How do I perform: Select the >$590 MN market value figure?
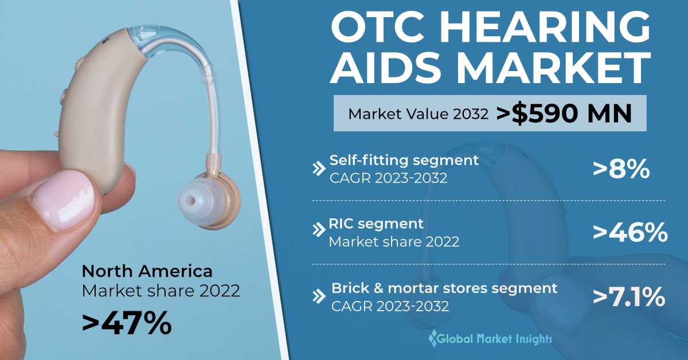pyautogui.click(x=564, y=114)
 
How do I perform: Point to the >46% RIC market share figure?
pyautogui.click(x=630, y=232)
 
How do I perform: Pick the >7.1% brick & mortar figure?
pyautogui.click(x=629, y=297)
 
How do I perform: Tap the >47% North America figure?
pyautogui.click(x=127, y=322)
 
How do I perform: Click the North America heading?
pyautogui.click(x=147, y=271)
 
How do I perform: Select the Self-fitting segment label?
pyautogui.click(x=404, y=161)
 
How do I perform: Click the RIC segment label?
pyautogui.click(x=376, y=224)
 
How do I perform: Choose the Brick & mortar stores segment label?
pyautogui.click(x=444, y=288)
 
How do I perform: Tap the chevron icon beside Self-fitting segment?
pyautogui.click(x=319, y=169)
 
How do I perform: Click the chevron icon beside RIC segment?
pyautogui.click(x=319, y=230)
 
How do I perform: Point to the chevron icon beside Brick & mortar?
pyautogui.click(x=319, y=296)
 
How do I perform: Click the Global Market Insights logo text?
pyautogui.click(x=494, y=338)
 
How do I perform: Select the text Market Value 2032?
pyautogui.click(x=418, y=114)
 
